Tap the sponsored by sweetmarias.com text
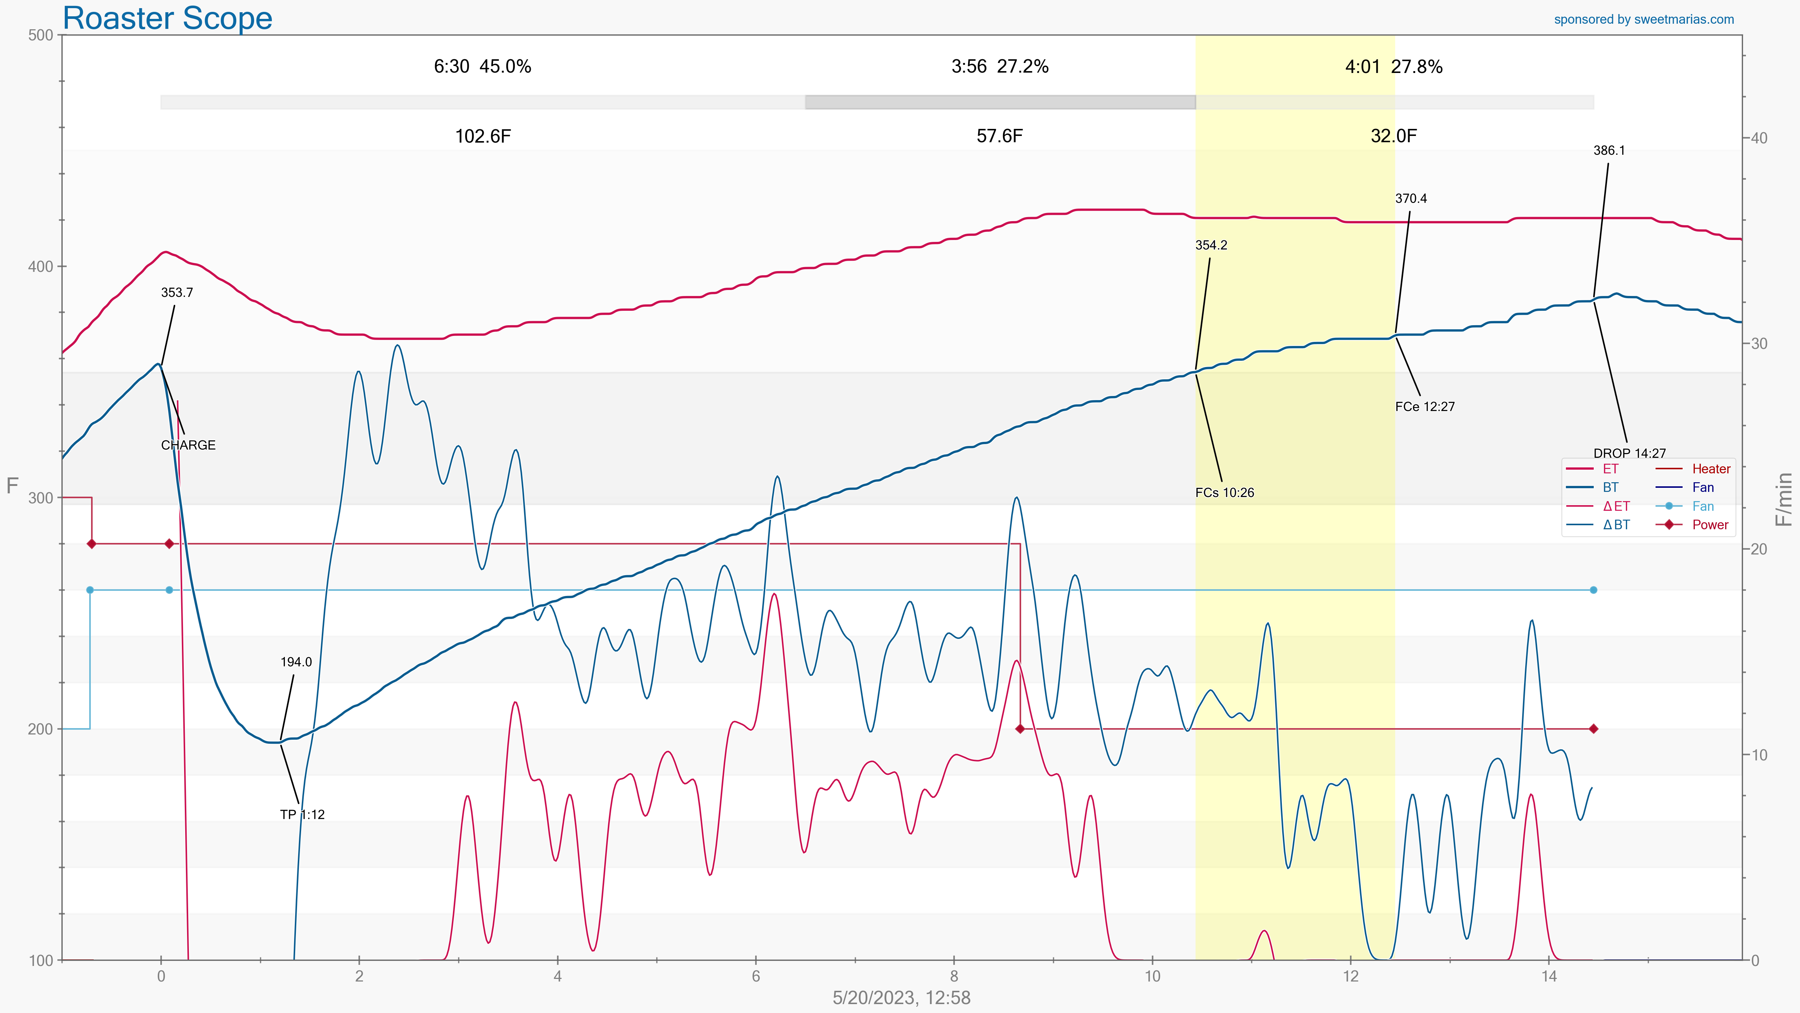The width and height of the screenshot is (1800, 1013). [1643, 20]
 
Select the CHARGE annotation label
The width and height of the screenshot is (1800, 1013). [188, 445]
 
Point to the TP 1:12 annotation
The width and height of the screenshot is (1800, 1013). [302, 814]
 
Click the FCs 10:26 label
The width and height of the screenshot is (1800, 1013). [1224, 493]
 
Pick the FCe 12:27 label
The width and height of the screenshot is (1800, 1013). [1425, 407]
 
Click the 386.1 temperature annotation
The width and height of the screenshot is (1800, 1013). [1609, 150]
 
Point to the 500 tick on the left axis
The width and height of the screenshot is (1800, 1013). [40, 35]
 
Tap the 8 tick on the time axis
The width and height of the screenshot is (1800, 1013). [954, 976]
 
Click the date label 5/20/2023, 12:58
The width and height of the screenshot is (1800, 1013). [901, 998]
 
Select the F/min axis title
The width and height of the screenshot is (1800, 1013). [1784, 498]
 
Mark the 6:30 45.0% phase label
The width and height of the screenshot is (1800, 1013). [482, 66]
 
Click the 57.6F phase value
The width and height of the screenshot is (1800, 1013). [999, 136]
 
